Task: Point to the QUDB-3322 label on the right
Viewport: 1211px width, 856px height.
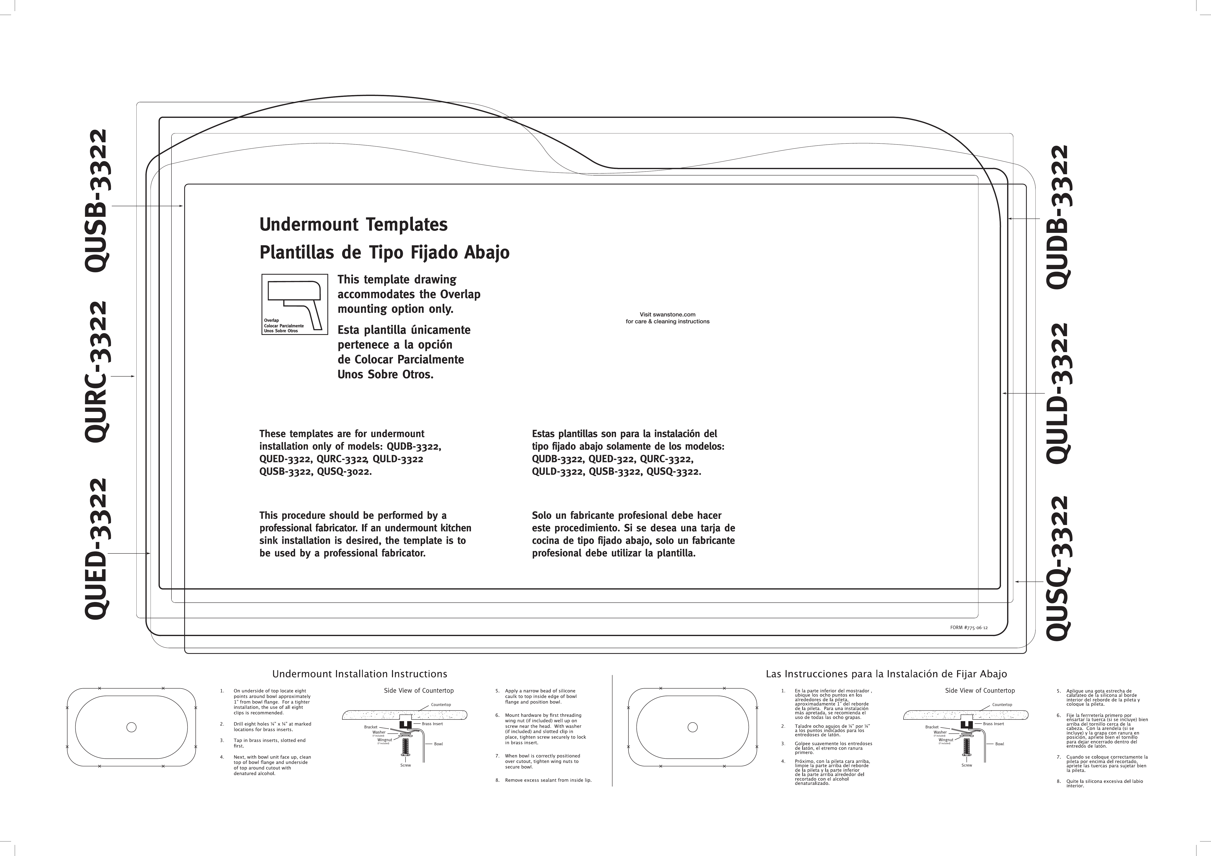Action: (1058, 217)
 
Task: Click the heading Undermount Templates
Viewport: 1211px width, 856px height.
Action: (353, 224)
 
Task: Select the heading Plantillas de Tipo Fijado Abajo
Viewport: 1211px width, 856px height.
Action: (384, 253)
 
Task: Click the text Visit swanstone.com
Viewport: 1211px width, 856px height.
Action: (667, 315)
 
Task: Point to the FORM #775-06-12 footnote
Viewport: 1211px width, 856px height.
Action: (968, 628)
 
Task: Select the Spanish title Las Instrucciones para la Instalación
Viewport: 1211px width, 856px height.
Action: (886, 674)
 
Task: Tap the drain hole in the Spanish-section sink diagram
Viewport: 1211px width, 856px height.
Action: (692, 727)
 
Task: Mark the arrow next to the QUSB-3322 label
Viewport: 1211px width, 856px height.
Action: (148, 206)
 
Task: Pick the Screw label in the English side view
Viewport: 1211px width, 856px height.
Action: (406, 765)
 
